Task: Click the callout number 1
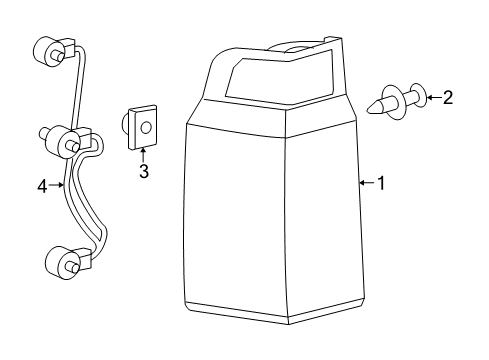(x=380, y=183)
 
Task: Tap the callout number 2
(x=447, y=97)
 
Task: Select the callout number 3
(x=143, y=171)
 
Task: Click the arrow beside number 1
(x=366, y=183)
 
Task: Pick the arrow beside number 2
(x=432, y=97)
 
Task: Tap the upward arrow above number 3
(x=143, y=155)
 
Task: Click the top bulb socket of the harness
(x=50, y=49)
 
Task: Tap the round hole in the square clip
(x=144, y=127)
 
